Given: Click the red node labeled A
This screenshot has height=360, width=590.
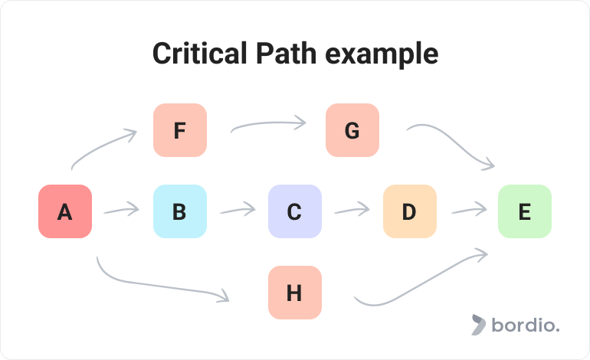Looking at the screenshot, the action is tap(65, 211).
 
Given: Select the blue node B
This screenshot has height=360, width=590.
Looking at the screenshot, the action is tap(180, 211).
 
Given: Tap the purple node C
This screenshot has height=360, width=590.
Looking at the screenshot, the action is tap(295, 211).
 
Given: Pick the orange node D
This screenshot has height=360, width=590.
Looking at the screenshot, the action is tap(410, 211).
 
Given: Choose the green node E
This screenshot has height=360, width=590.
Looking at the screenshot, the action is tap(525, 211).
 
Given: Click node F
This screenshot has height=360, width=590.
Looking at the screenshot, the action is tap(180, 130).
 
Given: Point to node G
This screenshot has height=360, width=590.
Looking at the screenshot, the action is tap(352, 130).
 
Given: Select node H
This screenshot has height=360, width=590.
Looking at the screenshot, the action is tap(295, 293).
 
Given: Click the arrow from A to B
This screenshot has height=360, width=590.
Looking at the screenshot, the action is tap(121, 210).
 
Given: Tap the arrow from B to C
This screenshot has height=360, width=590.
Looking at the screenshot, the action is tap(238, 210).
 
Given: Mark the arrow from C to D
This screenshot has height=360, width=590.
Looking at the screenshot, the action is tap(352, 210).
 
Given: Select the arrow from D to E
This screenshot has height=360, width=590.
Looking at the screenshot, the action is tap(469, 210).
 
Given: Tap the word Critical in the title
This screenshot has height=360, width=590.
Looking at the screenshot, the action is tap(200, 54).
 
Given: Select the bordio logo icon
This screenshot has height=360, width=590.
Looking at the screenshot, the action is tap(478, 324).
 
